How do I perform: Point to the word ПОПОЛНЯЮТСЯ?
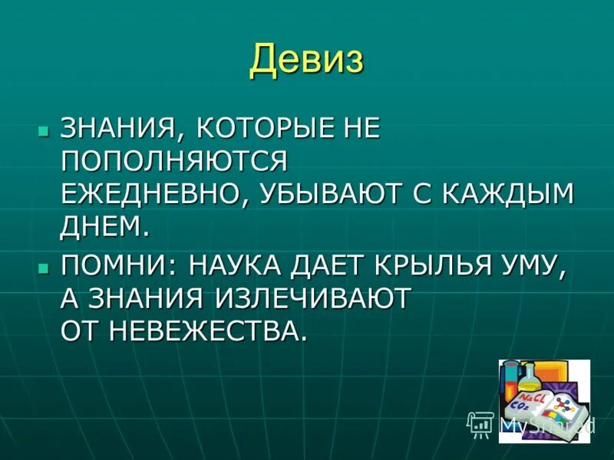click(173, 161)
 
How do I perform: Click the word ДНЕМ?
click(101, 227)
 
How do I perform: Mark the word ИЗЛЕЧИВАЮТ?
click(322, 299)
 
